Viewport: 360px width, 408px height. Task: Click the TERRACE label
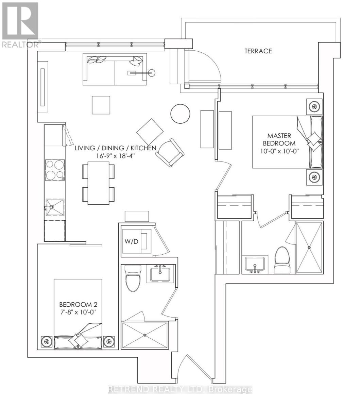pyautogui.click(x=258, y=51)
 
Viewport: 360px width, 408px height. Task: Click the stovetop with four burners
pyautogui.click(x=54, y=170)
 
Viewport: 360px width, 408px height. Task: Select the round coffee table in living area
pyautogui.click(x=180, y=114)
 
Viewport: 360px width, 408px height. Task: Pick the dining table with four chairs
pyautogui.click(x=98, y=183)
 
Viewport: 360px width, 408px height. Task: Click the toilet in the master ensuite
pyautogui.click(x=281, y=259)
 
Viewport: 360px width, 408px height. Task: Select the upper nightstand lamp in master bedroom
pyautogui.click(x=314, y=107)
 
